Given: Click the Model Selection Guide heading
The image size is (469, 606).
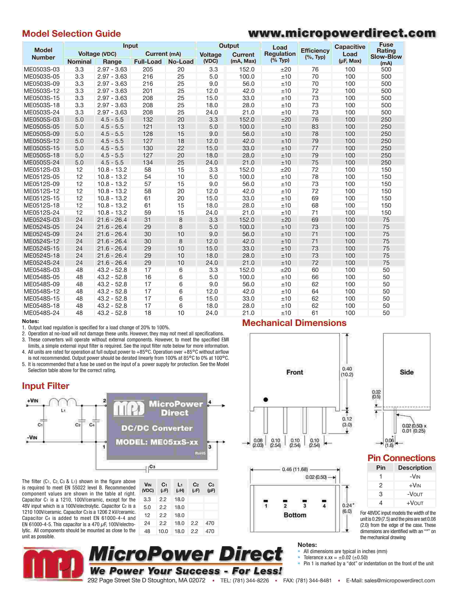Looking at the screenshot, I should pos(71,34).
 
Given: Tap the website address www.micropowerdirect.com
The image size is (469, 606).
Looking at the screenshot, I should pos(342,33).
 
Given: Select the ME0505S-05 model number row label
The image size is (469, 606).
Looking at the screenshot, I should pos(42,127).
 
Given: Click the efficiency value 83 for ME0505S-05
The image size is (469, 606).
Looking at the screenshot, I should pos(315,127).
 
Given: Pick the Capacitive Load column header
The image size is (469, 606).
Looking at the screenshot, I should pos(350,54).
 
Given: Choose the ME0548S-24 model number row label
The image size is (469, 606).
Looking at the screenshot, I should pos(42,313).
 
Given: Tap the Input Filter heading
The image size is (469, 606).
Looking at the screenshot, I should pos(46,386).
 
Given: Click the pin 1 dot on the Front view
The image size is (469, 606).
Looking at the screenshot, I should pos(266,400).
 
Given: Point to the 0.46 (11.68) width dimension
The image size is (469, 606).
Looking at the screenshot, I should pos(295,469).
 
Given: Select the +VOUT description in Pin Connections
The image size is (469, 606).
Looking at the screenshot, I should pos(415,503).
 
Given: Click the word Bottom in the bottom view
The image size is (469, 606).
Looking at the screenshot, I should pos(295,515).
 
